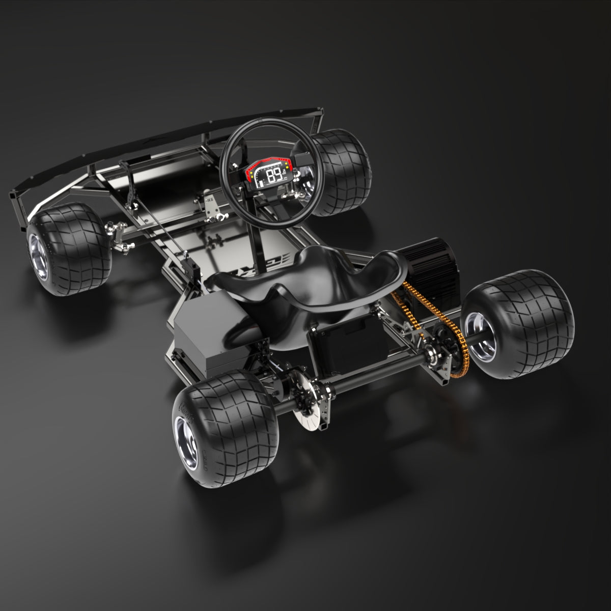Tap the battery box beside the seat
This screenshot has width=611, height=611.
pyautogui.click(x=204, y=331)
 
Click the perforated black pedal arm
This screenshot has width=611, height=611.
pyautogui.click(x=130, y=183)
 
